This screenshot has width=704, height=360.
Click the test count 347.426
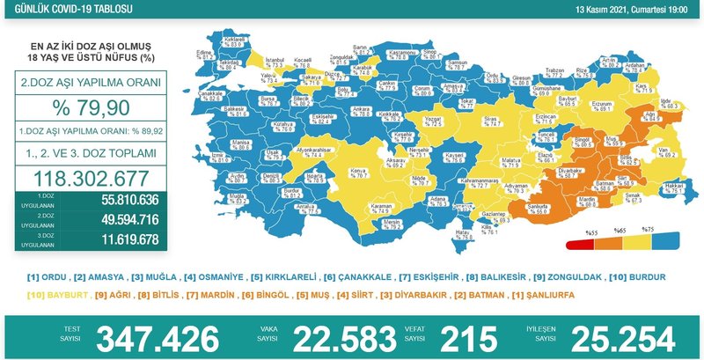pos(158,337)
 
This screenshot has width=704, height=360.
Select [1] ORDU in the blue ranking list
pos(48,276)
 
